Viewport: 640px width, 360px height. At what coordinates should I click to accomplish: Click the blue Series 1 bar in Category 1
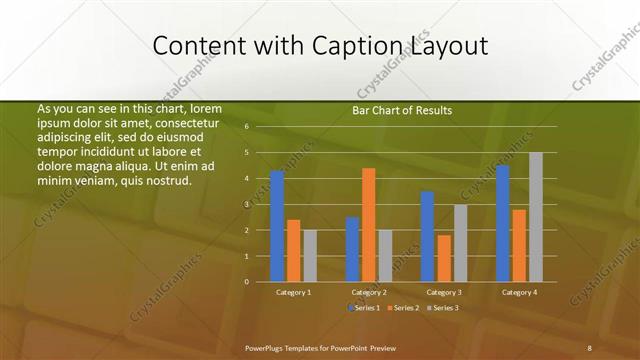(x=277, y=226)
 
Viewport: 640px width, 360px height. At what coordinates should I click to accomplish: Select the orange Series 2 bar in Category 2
(x=369, y=225)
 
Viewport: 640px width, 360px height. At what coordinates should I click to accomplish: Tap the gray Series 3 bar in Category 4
(x=536, y=217)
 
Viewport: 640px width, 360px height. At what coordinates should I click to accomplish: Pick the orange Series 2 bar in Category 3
(x=444, y=258)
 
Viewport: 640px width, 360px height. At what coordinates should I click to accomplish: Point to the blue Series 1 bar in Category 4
(x=502, y=223)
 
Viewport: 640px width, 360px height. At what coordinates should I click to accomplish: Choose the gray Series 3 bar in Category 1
(x=310, y=256)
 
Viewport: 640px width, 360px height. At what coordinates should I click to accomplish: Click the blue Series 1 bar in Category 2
(x=352, y=249)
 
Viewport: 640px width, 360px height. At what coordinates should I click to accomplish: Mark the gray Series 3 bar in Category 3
(x=460, y=243)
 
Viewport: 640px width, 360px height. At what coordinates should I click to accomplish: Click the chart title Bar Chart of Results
(x=402, y=110)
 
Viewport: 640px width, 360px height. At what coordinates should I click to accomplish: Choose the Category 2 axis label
(x=369, y=292)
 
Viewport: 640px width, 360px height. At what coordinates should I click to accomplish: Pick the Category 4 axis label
(x=518, y=292)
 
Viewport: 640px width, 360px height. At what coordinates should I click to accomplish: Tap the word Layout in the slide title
(x=448, y=46)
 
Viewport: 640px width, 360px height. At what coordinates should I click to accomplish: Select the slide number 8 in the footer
(x=589, y=347)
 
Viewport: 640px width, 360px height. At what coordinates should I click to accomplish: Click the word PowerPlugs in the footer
(x=268, y=347)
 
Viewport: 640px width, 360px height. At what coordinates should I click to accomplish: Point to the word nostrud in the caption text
(x=165, y=180)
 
